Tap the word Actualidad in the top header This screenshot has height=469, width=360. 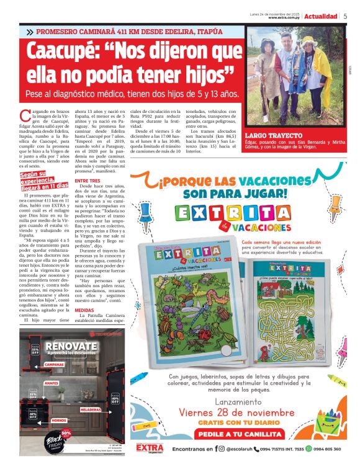pyautogui.click(x=321, y=16)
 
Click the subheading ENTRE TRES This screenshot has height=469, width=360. pyautogui.click(x=87, y=181)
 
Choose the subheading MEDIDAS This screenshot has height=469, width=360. pyautogui.click(x=84, y=309)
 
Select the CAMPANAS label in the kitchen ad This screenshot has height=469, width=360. pyautogui.click(x=54, y=364)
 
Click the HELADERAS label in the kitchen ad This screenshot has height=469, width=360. pyautogui.click(x=91, y=409)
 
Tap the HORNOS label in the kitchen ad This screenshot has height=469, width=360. pyautogui.click(x=59, y=420)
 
